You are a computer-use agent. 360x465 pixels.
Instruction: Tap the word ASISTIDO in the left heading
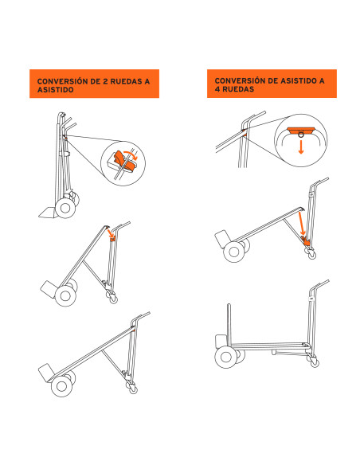tap(56, 89)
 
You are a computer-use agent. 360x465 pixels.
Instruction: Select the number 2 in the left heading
tap(105, 81)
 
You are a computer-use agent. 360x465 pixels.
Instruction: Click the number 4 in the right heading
tap(217, 89)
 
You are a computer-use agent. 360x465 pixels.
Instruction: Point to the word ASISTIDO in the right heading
tap(299, 80)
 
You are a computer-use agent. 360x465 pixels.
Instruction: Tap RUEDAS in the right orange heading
tap(238, 89)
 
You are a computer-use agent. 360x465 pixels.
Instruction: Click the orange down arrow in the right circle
tap(301, 147)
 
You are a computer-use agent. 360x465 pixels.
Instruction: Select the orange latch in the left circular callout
tap(123, 161)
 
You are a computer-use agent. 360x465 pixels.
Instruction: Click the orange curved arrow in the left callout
tap(131, 155)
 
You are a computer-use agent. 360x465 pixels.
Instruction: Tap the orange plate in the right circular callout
tap(301, 130)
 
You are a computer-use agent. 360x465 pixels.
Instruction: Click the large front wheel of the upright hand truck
tap(65, 208)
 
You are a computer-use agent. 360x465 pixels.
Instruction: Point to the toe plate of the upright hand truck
tap(47, 213)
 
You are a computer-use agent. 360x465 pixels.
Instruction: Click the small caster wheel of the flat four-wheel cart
tap(314, 362)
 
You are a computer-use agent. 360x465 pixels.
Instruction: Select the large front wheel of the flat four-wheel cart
tap(226, 357)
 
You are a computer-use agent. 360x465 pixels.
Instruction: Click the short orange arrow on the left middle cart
tap(111, 232)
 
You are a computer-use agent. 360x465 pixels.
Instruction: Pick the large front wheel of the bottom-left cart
tap(61, 386)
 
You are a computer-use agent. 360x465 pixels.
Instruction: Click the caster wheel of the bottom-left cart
tap(133, 389)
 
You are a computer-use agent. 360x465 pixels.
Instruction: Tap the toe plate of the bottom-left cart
tap(46, 373)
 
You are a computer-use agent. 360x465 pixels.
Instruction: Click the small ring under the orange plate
tap(301, 135)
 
